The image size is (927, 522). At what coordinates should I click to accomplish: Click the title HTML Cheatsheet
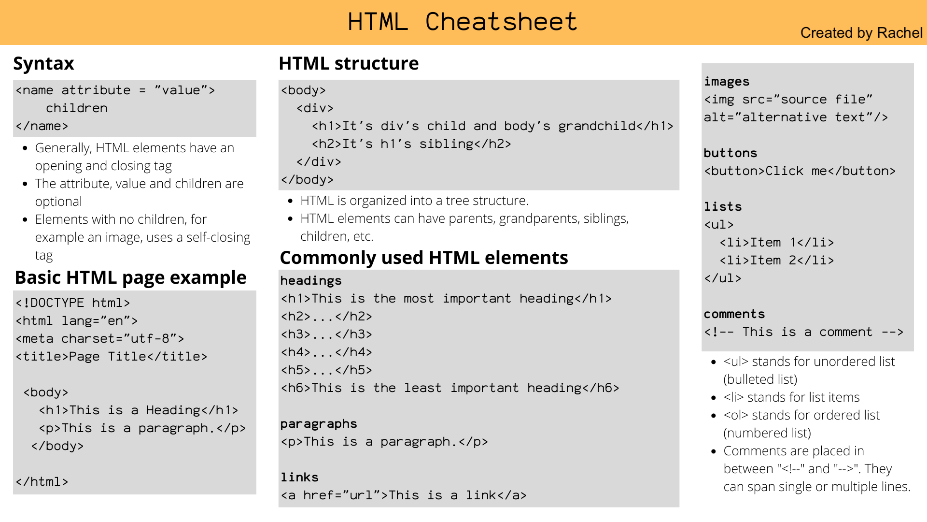[x=462, y=22]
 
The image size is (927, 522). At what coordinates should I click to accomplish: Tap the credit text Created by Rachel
[x=861, y=33]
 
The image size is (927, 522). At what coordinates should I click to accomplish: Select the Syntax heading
[x=43, y=63]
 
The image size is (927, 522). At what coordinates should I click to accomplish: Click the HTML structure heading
[x=349, y=63]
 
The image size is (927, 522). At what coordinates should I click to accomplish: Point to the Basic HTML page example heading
[x=130, y=277]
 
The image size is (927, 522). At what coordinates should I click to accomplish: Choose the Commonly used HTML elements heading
[x=423, y=258]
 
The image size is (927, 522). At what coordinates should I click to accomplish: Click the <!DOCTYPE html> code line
[x=73, y=303]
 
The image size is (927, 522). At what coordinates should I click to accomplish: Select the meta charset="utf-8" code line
[x=100, y=339]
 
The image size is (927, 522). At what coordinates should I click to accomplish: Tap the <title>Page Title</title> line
[x=112, y=357]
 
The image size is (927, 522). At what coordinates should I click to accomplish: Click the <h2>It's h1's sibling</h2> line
[x=411, y=144]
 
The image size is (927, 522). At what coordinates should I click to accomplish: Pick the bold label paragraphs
[x=319, y=424]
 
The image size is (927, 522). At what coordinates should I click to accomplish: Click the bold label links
[x=299, y=478]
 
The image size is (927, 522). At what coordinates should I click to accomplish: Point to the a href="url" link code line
[x=404, y=495]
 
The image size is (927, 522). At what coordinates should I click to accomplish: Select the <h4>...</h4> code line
[x=326, y=352]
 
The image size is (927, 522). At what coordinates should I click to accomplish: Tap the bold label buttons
[x=730, y=153]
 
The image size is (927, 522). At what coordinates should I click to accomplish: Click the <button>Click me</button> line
[x=800, y=171]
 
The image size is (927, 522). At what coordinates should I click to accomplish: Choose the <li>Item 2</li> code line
[x=776, y=261]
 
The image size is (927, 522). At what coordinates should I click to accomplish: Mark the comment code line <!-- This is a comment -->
[x=803, y=332]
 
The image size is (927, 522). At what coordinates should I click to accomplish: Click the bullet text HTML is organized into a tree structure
[x=414, y=201]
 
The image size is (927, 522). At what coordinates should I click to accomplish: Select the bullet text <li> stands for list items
[x=791, y=397]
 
